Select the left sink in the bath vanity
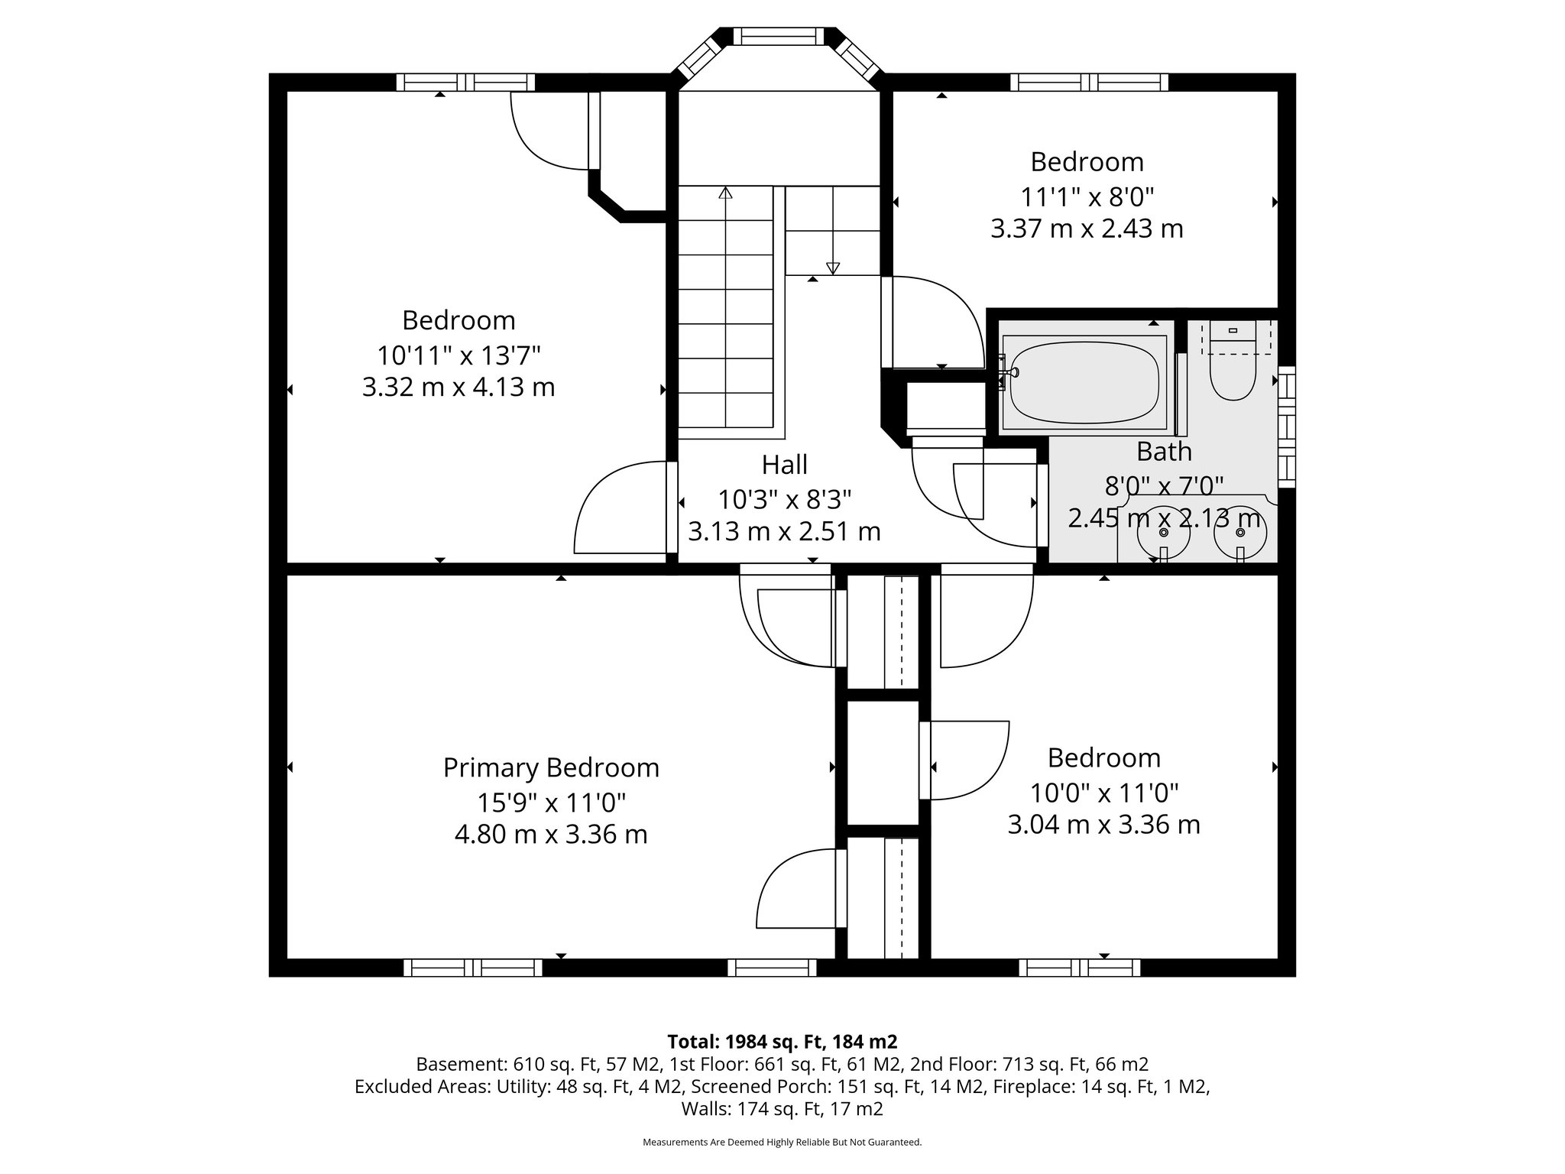point(1163,533)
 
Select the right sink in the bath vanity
point(1239,533)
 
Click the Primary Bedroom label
point(551,767)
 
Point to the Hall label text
point(784,464)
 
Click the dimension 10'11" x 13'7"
point(458,355)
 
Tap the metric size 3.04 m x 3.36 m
point(1103,825)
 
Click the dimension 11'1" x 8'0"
point(1087,197)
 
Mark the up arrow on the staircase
point(725,193)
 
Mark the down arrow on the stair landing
point(833,268)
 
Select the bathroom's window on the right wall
point(1287,426)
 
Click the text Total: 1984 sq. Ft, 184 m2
point(782,1041)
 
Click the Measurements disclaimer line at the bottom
point(782,1142)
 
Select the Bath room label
point(1164,452)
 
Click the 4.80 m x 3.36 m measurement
point(551,834)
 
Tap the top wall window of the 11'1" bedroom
point(1089,82)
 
